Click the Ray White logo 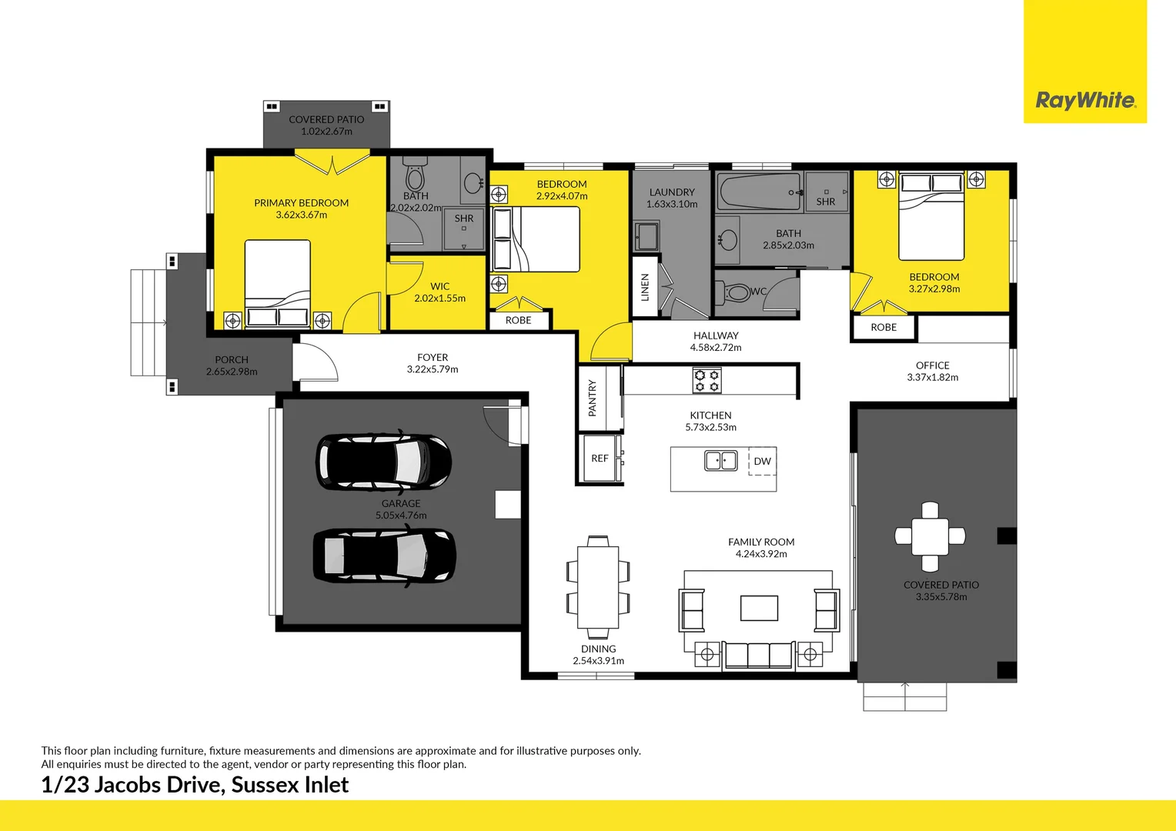tap(1084, 100)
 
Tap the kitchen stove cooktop tap(707, 380)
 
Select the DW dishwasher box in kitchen tap(762, 461)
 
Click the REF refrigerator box tap(600, 459)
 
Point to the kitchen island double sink tap(721, 460)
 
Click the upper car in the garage tap(383, 462)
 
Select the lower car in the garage tap(384, 555)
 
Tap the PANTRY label tap(592, 398)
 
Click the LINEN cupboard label tap(645, 287)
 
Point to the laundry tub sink tap(646, 236)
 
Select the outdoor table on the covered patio tap(930, 536)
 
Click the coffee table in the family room tap(759, 607)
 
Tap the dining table tap(598, 587)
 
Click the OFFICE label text tap(932, 365)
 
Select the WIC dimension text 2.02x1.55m tap(439, 299)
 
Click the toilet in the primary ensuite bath tap(415, 176)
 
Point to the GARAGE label tap(401, 503)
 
